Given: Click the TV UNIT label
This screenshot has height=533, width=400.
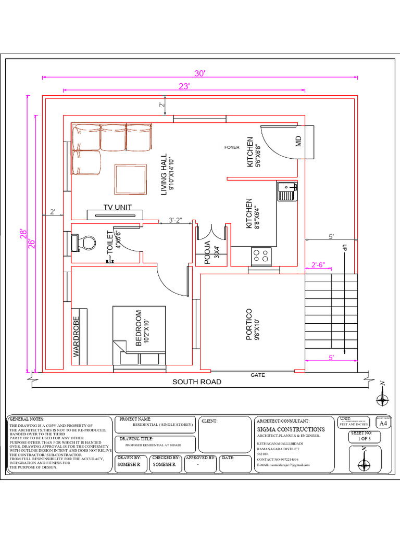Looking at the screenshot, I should (117, 207).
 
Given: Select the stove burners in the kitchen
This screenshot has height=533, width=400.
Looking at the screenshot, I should (261, 255).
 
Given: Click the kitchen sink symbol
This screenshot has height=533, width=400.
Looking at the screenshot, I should (287, 191).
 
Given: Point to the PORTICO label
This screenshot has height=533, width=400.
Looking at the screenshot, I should (249, 324).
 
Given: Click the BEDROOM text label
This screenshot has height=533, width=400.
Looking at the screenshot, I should (139, 328).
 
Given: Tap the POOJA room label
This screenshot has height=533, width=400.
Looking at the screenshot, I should (207, 253).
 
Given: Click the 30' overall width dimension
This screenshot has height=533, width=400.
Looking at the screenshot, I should (201, 73).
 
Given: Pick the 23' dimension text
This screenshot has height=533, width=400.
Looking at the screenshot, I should (183, 86).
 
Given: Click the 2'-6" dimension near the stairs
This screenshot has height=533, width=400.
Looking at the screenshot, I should (318, 265).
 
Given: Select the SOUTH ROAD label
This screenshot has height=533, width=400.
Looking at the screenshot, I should (197, 382).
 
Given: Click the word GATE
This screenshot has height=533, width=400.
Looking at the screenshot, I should (258, 375).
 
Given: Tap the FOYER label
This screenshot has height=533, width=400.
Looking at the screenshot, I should (232, 147).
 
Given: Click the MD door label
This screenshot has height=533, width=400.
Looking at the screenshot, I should (299, 141).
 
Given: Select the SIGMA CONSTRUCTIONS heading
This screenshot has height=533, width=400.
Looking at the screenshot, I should (291, 429).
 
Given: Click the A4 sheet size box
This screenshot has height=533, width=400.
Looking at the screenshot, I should (383, 424).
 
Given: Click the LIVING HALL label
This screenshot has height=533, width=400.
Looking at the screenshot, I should (164, 174).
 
